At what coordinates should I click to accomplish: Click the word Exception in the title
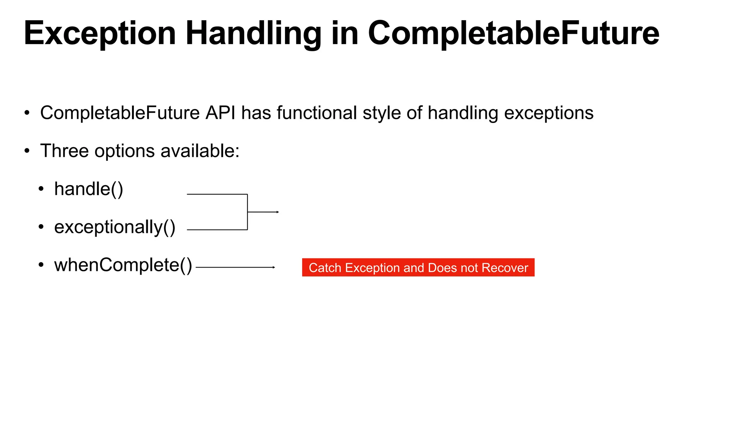point(100,34)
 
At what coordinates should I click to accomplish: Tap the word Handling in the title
point(253,34)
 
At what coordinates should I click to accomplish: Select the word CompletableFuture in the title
point(513,34)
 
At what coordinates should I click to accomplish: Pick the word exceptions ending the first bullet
point(549,113)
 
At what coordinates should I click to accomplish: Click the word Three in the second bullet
point(64,151)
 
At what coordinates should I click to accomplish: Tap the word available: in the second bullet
point(200,151)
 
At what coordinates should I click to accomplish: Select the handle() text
point(89,189)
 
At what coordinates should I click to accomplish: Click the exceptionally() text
point(115,227)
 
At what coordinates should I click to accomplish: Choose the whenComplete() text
point(123,265)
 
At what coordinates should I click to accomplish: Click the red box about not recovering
point(418,268)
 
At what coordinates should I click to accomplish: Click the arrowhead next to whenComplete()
point(274,267)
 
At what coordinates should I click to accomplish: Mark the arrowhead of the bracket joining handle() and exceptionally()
point(278,212)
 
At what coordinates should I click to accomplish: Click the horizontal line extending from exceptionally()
point(217,230)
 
